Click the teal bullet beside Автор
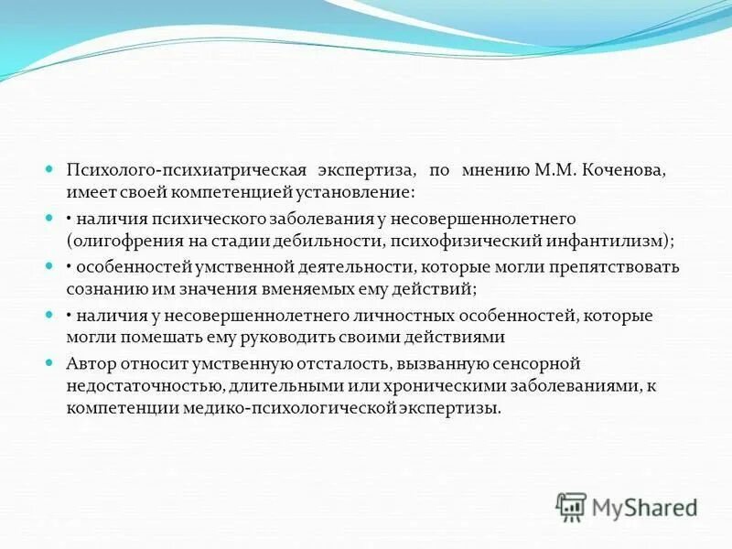point(51,362)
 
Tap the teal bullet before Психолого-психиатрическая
point(51,170)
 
